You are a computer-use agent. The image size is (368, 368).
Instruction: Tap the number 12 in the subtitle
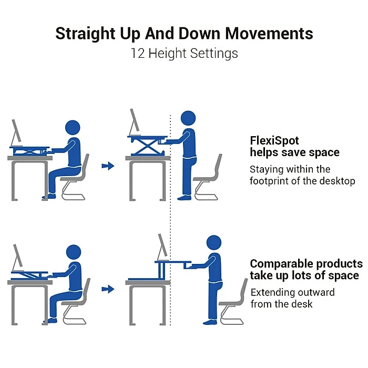click(138, 53)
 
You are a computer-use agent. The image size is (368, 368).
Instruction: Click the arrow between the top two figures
click(108, 166)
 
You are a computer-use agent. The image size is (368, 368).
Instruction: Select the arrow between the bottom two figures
click(108, 289)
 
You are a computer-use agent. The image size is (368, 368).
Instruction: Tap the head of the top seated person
click(73, 128)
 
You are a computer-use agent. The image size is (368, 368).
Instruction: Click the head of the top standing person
click(188, 119)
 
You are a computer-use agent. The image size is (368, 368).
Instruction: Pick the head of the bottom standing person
click(213, 243)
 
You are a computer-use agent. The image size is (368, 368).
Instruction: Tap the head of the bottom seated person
click(74, 252)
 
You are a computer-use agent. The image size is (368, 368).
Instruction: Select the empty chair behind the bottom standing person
click(234, 302)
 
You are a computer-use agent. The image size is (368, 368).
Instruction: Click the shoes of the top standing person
click(185, 197)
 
